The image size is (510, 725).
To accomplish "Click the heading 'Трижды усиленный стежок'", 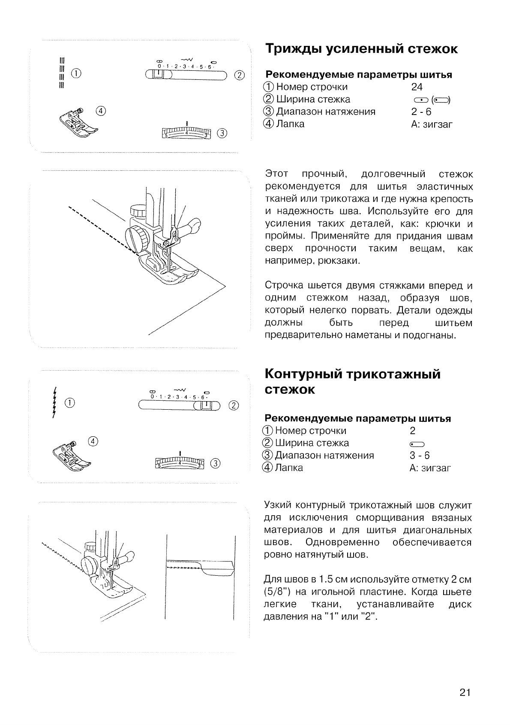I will pos(361,49).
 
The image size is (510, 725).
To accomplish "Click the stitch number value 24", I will pos(417,87).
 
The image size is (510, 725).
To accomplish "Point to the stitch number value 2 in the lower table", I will pos(412,431).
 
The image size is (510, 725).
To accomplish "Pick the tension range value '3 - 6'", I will pos(420,456).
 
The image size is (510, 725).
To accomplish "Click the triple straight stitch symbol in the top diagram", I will pos(62,72).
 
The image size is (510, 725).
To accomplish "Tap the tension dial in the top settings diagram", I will pos(187,133).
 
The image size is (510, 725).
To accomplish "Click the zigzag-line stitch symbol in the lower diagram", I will pos(54,402).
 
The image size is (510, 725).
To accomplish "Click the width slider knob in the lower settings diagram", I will pos(207,405).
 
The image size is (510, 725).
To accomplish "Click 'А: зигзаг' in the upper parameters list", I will pos(431,124).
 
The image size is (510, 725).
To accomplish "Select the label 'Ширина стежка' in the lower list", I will pos(312,443).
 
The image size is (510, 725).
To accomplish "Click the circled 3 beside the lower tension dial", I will pos(216,463).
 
